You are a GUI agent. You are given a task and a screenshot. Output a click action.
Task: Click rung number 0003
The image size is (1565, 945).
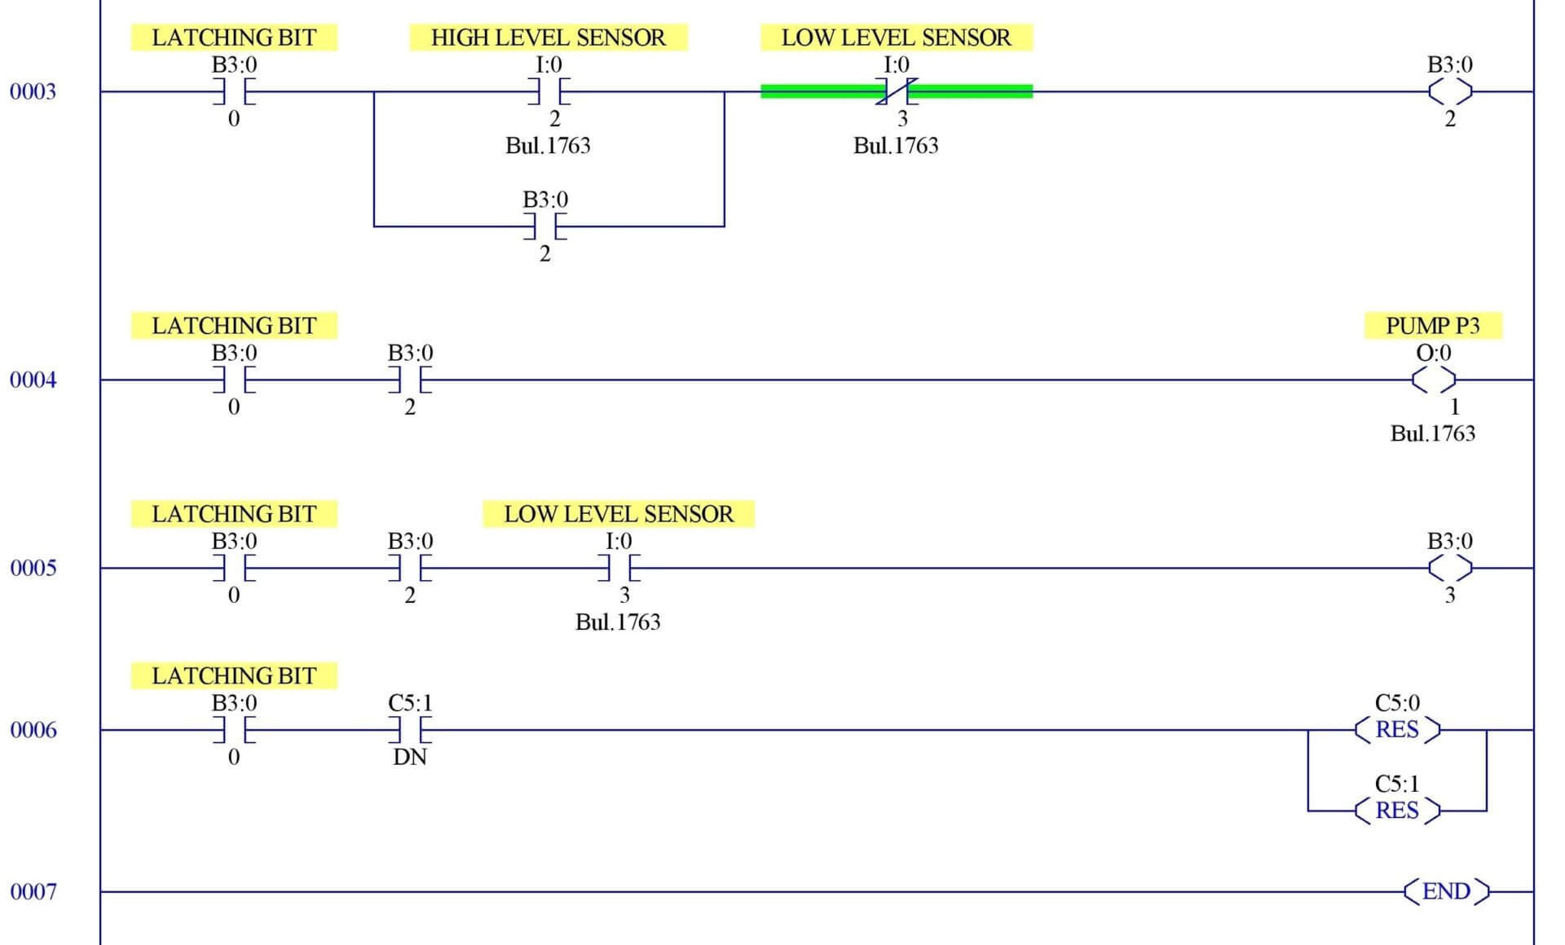pyautogui.click(x=33, y=91)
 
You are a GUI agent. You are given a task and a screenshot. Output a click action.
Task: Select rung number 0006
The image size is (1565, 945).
pyautogui.click(x=33, y=730)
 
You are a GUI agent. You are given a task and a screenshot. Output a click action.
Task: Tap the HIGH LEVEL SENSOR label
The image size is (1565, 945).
pyautogui.click(x=548, y=37)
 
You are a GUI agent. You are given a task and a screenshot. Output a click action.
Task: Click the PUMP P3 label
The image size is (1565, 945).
pyautogui.click(x=1432, y=326)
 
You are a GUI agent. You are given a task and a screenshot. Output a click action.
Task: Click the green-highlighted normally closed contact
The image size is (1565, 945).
pyautogui.click(x=897, y=91)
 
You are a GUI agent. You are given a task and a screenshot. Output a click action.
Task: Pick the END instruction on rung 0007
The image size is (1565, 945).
pyautogui.click(x=1446, y=891)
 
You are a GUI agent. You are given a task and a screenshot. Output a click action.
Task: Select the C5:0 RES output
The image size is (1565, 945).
pyautogui.click(x=1397, y=729)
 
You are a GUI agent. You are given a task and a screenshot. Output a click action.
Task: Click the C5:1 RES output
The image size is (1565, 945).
pyautogui.click(x=1397, y=811)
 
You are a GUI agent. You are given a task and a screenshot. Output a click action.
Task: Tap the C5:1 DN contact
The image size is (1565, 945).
pyautogui.click(x=410, y=730)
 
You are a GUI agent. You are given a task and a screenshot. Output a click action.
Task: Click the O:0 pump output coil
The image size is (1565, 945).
pyautogui.click(x=1433, y=380)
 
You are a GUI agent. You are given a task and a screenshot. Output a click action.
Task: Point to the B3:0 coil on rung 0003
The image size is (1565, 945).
pyautogui.click(x=1450, y=91)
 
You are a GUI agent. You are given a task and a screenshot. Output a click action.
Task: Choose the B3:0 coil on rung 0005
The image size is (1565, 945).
pyautogui.click(x=1450, y=568)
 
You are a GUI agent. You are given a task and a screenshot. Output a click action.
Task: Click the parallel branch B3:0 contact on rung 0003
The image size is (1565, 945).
pyautogui.click(x=545, y=226)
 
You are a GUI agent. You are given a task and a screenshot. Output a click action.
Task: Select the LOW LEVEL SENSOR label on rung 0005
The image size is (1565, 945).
pyautogui.click(x=618, y=514)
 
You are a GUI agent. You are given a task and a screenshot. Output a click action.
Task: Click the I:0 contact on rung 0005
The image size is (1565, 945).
pyautogui.click(x=619, y=568)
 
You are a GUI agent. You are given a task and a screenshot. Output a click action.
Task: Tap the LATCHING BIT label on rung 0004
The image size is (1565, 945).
pyautogui.click(x=234, y=326)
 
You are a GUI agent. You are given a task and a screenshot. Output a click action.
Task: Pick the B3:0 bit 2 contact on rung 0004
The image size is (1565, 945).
pyautogui.click(x=410, y=380)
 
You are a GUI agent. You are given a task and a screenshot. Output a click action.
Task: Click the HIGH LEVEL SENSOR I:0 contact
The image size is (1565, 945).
pyautogui.click(x=549, y=91)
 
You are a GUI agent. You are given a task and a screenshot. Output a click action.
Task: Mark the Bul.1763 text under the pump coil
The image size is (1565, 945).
pyautogui.click(x=1432, y=433)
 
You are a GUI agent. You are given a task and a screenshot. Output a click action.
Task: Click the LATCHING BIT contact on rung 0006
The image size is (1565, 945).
pyautogui.click(x=234, y=730)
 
